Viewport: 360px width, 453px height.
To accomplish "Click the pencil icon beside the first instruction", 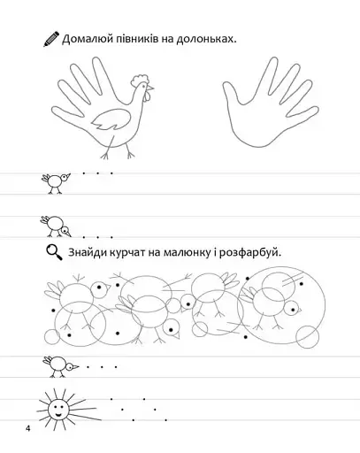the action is pyautogui.click(x=51, y=39).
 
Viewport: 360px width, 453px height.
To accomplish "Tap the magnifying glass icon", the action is pyautogui.click(x=54, y=253).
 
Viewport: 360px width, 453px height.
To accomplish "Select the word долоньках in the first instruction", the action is pyautogui.click(x=206, y=39).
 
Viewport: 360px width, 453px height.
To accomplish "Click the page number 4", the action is pyautogui.click(x=28, y=428).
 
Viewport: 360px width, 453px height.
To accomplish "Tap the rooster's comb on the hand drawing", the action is pyautogui.click(x=140, y=81).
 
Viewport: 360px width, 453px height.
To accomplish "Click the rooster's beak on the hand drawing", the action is pyautogui.click(x=150, y=88).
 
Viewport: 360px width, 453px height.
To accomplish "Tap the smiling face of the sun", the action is pyautogui.click(x=57, y=409).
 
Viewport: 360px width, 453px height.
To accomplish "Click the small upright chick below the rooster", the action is pyautogui.click(x=56, y=183).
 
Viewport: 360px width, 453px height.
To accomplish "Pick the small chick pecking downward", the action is pyautogui.click(x=56, y=226).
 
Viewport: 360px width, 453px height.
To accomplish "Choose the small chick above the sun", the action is pyautogui.click(x=60, y=366).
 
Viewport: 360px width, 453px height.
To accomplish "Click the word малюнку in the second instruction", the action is pyautogui.click(x=187, y=253).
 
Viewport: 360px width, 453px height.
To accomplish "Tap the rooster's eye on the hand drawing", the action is pyautogui.click(x=144, y=86).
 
